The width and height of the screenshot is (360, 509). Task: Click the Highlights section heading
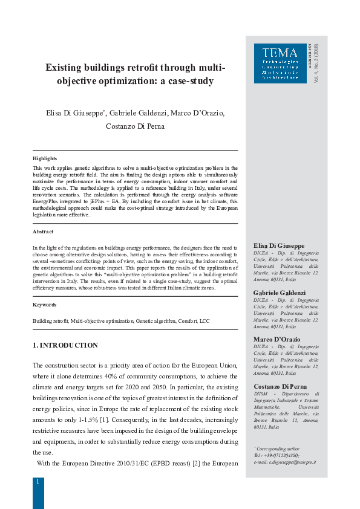[45, 158]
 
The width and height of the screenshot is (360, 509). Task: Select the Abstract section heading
[43, 232]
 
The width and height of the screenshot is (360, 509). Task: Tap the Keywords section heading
[44, 305]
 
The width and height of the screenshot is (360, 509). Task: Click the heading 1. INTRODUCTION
[65, 345]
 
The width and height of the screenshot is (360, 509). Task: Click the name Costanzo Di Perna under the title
[135, 127]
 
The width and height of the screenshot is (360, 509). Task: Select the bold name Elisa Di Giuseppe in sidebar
[279, 245]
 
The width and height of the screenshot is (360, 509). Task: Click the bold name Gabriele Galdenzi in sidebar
[279, 292]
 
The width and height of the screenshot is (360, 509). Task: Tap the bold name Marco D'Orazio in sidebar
[277, 339]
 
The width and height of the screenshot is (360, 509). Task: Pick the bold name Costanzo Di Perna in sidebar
[280, 386]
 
